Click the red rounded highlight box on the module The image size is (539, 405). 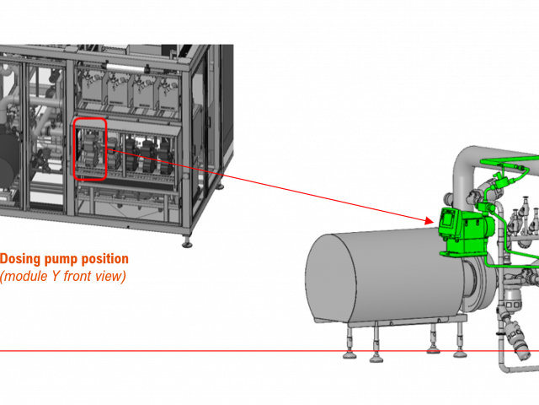(x=90, y=149)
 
